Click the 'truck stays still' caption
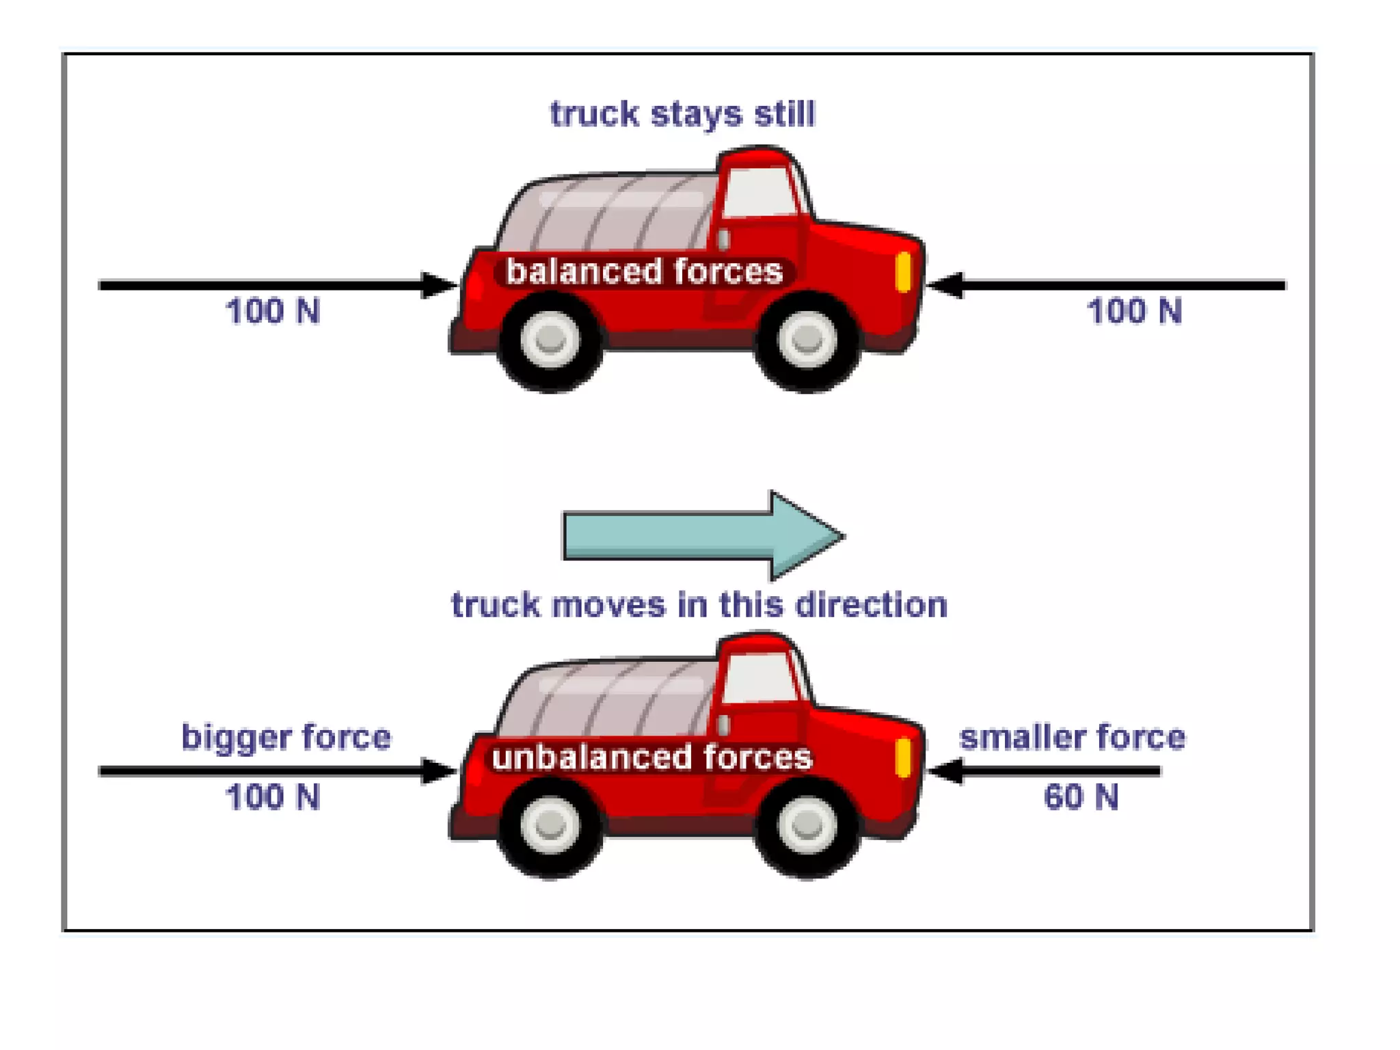click(x=682, y=113)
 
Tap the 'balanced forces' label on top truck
click(x=644, y=271)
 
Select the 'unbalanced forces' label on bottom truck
click(x=651, y=757)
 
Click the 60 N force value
click(x=1081, y=797)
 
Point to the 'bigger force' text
click(x=286, y=737)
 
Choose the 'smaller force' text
click(x=1072, y=737)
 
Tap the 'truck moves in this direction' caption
click(x=699, y=605)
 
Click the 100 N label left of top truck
click(x=273, y=311)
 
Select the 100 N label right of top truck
click(x=1134, y=311)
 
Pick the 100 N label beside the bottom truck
click(x=273, y=797)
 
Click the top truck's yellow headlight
click(x=903, y=272)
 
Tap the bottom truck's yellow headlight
click(x=903, y=757)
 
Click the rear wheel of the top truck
click(x=550, y=339)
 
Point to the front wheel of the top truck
click(x=807, y=339)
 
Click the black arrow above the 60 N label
click(x=1046, y=771)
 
